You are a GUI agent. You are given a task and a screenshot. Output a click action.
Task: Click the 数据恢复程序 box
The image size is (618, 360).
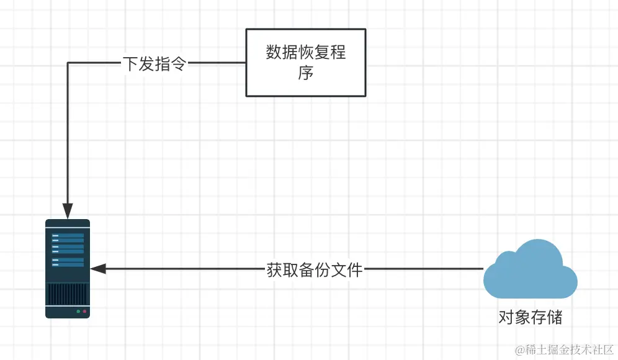[x=305, y=62]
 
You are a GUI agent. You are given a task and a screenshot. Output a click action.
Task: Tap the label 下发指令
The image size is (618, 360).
[x=154, y=63]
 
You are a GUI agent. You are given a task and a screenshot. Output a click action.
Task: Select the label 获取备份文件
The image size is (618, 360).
[x=315, y=270]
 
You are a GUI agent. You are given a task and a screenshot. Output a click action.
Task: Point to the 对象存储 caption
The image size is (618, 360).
[x=530, y=318]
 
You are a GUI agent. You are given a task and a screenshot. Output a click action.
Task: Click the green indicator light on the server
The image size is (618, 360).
[x=78, y=310]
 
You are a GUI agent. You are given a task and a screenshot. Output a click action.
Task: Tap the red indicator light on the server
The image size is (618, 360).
[x=84, y=310]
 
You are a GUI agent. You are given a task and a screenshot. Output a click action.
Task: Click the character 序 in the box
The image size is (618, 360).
[x=305, y=73]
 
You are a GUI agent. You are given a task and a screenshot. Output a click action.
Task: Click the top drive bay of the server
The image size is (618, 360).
[x=68, y=236]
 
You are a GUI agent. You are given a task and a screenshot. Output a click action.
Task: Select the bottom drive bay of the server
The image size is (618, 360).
[x=68, y=264]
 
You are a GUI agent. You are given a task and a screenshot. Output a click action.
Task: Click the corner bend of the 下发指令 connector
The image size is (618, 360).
[x=68, y=63]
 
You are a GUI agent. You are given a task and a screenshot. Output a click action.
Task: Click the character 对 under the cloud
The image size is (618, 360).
[x=506, y=318]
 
